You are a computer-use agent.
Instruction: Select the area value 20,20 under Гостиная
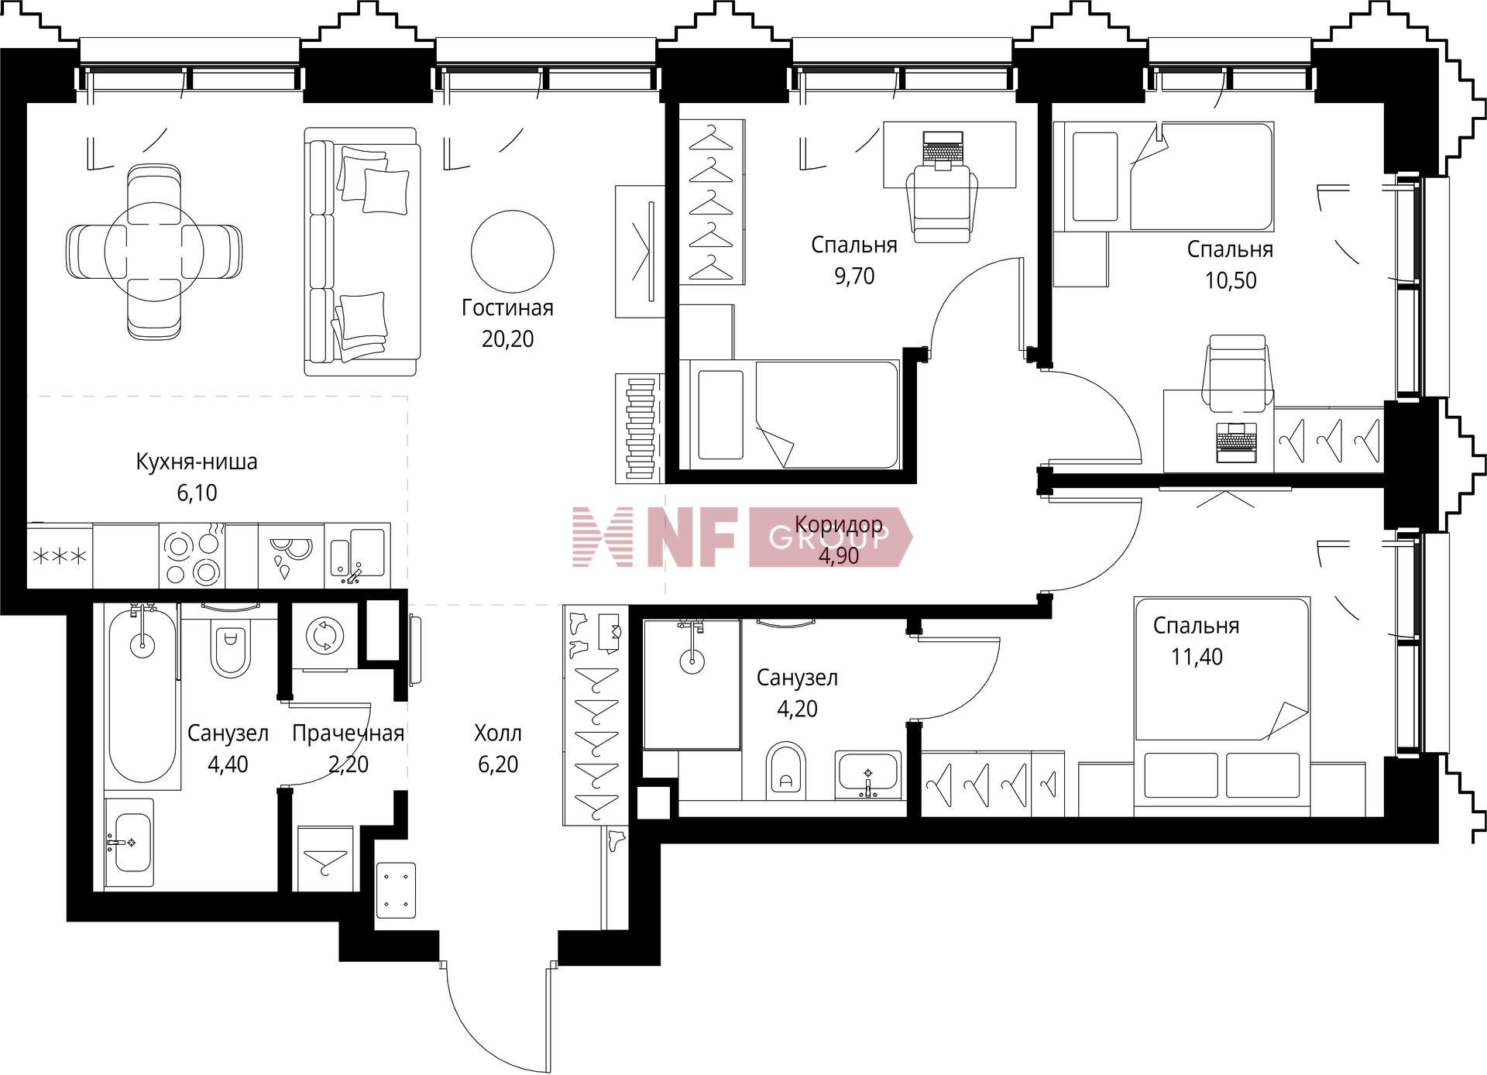507,339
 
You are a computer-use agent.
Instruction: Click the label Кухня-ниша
197,462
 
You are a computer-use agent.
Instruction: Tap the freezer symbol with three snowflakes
60,557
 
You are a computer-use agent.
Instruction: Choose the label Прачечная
348,733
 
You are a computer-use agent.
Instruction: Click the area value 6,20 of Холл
498,764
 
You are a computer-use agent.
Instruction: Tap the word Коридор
839,524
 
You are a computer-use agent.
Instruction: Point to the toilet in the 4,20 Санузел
786,770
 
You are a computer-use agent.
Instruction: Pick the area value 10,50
1231,280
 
